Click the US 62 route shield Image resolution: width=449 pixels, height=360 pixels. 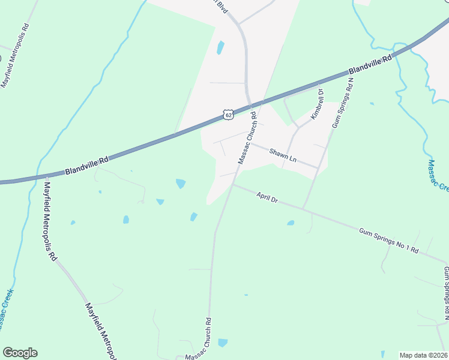[227, 114]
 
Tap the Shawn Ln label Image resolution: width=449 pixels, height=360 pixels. [283, 155]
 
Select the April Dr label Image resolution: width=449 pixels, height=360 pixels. [267, 197]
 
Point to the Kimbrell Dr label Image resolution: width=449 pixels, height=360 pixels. [316, 104]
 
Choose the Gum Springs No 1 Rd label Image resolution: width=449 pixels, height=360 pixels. [388, 239]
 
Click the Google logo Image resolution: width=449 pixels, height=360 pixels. [20, 353]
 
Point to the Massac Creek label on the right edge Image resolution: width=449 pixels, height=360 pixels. [439, 175]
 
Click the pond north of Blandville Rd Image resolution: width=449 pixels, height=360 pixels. [220, 47]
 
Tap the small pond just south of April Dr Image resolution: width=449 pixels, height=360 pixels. [291, 223]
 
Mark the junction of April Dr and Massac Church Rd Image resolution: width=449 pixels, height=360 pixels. [232, 185]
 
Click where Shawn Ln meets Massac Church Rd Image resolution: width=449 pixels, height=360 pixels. [250, 143]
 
